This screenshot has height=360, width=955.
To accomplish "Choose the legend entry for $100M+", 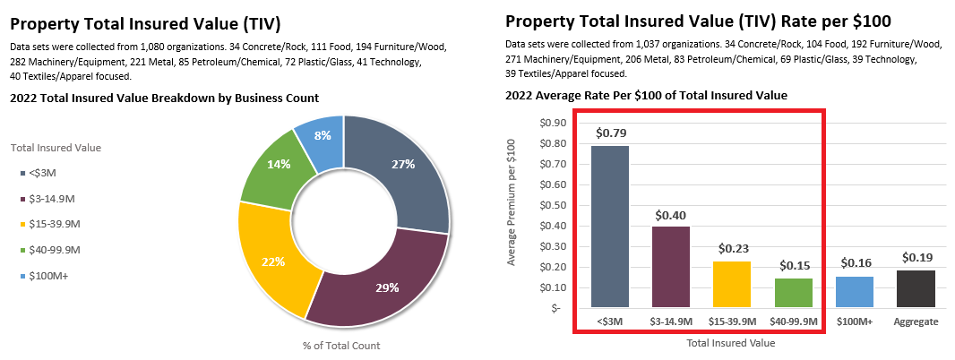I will tap(49, 276).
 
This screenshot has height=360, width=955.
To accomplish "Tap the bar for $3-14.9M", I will tap(671, 267).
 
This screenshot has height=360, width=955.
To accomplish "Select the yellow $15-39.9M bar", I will tap(732, 284).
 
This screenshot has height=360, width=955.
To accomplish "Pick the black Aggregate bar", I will tap(916, 288).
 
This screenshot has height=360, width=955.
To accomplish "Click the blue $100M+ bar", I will tap(855, 291).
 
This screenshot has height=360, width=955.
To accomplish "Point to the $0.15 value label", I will tap(794, 266).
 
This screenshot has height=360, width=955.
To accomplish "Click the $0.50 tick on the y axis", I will tap(552, 206).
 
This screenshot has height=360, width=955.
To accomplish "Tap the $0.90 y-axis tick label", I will tap(552, 124).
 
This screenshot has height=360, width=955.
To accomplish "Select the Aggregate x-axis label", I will tap(916, 321).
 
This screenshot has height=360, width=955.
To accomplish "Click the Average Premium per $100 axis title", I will tap(512, 202).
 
